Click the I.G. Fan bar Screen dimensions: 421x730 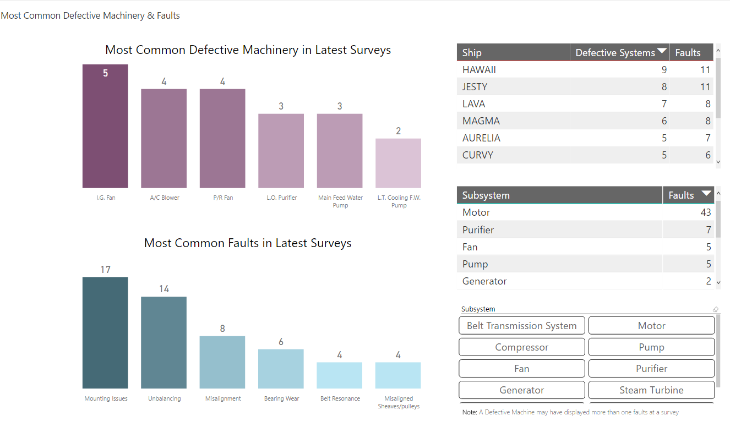[x=105, y=127]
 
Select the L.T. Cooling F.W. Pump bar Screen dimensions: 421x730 [x=398, y=163]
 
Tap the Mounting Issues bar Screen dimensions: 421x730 [x=105, y=333]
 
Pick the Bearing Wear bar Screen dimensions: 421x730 [x=281, y=369]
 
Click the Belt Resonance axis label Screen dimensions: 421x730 [x=340, y=398]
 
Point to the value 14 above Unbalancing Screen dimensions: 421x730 [x=164, y=289]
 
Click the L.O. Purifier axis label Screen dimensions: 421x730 [x=281, y=198]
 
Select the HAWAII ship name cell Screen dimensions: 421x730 [x=479, y=70]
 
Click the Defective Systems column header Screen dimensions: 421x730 [x=615, y=53]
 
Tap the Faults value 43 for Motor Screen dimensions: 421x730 [x=705, y=212]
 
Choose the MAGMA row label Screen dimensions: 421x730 [x=481, y=121]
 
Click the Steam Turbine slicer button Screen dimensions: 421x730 [x=651, y=390]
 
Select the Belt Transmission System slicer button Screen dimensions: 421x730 [x=521, y=326]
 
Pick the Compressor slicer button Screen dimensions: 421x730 [x=521, y=347]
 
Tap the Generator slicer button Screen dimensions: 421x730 [x=521, y=390]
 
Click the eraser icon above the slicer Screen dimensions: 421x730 [x=716, y=309]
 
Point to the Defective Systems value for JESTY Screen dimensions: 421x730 [x=664, y=87]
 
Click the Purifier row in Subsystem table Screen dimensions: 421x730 [x=478, y=230]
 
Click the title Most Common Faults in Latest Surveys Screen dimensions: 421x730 [x=248, y=243]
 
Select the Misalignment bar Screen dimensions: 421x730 [x=222, y=362]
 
